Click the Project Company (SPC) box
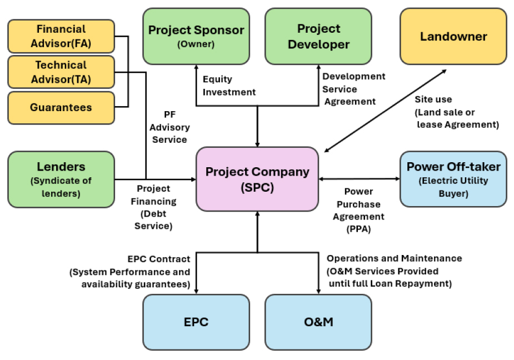click(257, 179)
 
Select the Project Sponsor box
click(196, 36)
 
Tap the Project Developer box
click(318, 36)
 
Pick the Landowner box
click(453, 37)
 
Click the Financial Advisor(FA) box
click(61, 36)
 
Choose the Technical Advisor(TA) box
click(61, 72)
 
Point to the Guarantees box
click(61, 107)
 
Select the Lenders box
click(61, 179)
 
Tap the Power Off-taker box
click(453, 179)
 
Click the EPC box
click(196, 322)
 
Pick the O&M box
click(318, 322)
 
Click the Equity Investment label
click(229, 86)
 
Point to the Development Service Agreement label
click(353, 89)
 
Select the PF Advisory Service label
click(169, 127)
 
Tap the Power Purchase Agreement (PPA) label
click(358, 210)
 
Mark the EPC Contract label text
click(131, 272)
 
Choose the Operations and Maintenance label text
click(393, 271)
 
